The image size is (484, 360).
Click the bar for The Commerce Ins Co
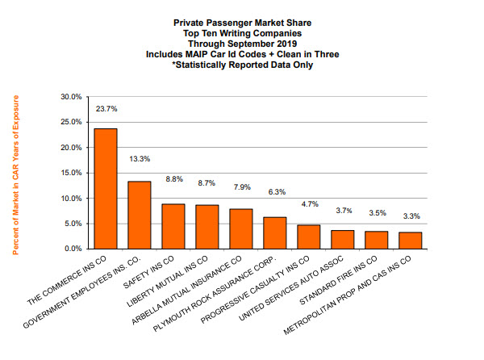pos(105,189)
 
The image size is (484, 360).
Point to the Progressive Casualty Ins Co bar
pos(309,237)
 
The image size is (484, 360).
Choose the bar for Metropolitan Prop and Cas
pos(411,240)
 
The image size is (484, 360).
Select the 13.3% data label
pos(140,160)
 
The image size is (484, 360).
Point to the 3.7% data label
pos(343,211)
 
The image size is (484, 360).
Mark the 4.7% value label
pos(309,204)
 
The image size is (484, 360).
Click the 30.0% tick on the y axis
pos(71,97)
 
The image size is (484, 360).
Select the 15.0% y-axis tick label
pos(71,173)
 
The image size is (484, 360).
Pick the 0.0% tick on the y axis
pos(73,249)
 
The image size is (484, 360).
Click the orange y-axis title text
pos(15,174)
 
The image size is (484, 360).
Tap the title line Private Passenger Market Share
pos(242,14)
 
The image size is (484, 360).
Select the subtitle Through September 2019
pos(242,34)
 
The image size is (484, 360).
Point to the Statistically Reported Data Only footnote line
pos(242,65)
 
